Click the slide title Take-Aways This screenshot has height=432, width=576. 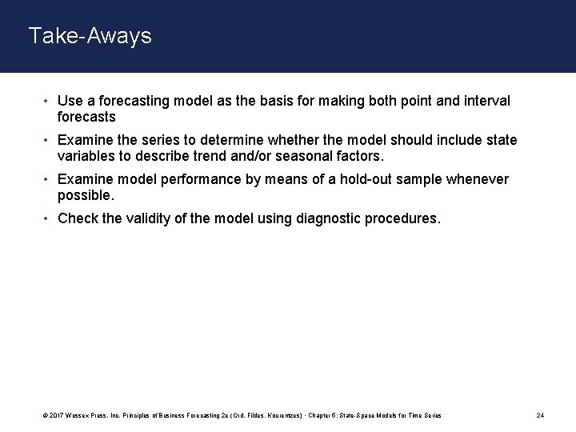point(90,36)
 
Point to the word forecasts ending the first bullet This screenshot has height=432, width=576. point(87,116)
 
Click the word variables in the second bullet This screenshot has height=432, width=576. point(87,155)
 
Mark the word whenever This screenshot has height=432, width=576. point(477,179)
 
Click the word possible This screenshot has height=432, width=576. point(86,194)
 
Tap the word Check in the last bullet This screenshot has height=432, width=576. point(77,218)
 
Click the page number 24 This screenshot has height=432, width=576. point(540,416)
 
